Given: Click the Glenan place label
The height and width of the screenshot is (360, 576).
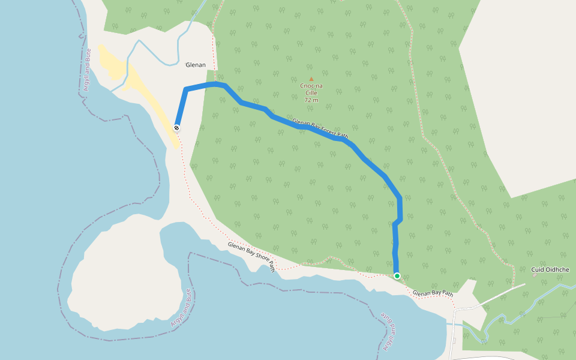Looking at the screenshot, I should click(x=196, y=65).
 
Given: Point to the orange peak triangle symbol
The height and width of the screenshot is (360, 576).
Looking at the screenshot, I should click(x=311, y=79).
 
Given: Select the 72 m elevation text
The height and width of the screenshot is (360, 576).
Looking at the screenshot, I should click(x=311, y=100).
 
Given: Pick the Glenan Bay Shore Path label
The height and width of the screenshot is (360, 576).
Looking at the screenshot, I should click(x=251, y=256).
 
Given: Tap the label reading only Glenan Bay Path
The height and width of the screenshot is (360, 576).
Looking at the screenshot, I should click(x=433, y=293).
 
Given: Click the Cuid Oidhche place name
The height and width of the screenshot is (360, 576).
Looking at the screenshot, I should click(x=550, y=270).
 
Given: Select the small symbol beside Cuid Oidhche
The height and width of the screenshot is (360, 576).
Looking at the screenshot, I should click(x=534, y=276).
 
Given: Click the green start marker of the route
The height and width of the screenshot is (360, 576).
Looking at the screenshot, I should click(x=397, y=276).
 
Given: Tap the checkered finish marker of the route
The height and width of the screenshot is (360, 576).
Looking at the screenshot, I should click(x=177, y=127).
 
